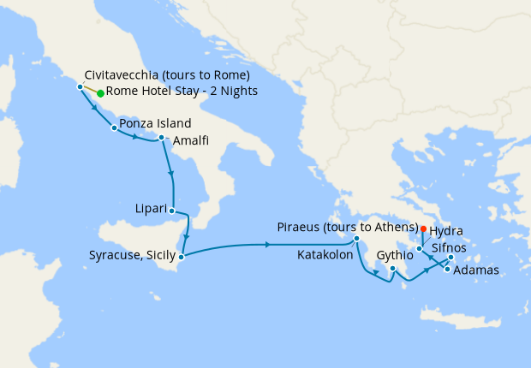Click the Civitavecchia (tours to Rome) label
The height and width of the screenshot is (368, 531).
167,74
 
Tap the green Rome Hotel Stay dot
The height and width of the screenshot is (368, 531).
100,92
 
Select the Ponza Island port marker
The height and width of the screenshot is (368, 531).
114,128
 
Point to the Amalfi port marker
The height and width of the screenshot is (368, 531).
161,137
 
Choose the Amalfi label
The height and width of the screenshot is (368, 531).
189,141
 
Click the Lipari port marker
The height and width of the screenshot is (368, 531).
172,211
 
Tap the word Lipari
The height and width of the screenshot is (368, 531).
151,207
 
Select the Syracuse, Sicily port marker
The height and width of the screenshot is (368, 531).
181,255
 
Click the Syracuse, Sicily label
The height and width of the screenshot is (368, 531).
132,255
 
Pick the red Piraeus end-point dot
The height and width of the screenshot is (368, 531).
423,229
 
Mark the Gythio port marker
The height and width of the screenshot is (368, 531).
392,269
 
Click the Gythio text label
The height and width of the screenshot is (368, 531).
395,255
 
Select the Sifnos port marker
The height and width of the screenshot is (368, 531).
450,257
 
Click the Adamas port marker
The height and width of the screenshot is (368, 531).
447,270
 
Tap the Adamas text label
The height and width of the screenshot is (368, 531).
475,270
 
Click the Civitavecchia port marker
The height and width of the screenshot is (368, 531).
80,86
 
